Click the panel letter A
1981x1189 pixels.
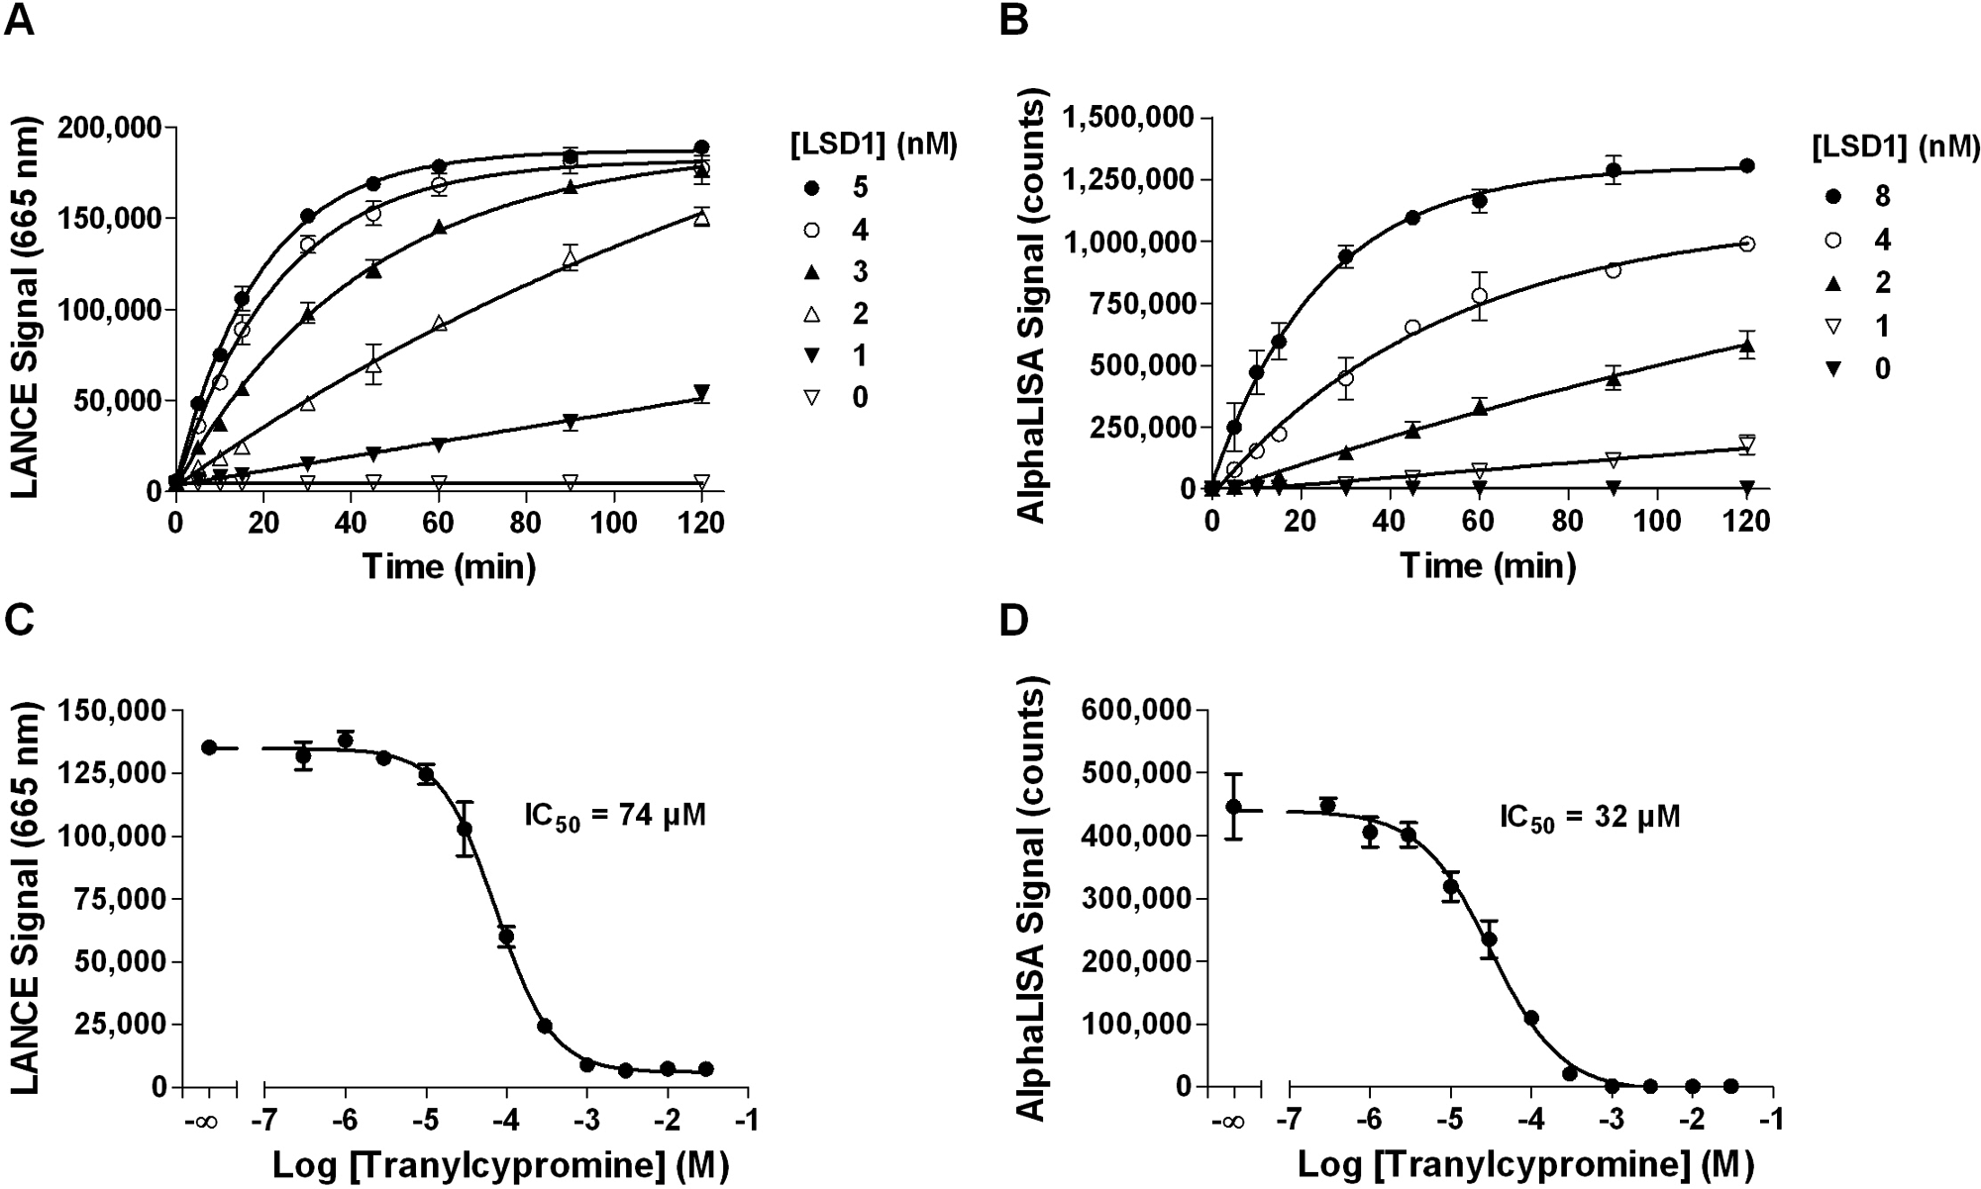(x=20, y=21)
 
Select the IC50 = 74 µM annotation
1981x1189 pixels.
(x=614, y=818)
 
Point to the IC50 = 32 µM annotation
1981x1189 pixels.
(x=1590, y=818)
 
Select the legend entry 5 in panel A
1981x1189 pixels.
(x=859, y=187)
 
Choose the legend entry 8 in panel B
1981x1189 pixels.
(x=1880, y=197)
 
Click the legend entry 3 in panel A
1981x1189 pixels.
(x=859, y=271)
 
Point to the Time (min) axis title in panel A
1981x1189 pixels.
(x=449, y=566)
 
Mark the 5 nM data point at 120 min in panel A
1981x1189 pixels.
(x=702, y=148)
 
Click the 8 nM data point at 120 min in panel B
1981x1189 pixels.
(x=1747, y=166)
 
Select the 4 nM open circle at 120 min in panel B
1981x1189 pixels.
(x=1747, y=244)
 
